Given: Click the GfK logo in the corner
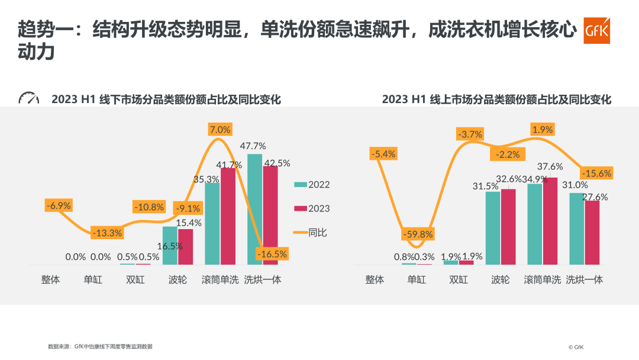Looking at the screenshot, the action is [x=596, y=31].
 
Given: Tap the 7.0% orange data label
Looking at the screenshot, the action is [x=220, y=130].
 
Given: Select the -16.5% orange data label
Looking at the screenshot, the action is [x=272, y=254].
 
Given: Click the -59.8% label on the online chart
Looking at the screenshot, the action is [x=418, y=234].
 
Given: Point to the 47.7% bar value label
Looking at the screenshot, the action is [x=253, y=146].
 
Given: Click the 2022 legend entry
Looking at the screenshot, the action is [x=312, y=185].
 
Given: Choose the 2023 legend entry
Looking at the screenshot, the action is [x=312, y=208].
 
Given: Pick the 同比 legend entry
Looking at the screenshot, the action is [x=310, y=232].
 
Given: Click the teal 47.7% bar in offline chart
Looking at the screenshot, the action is [x=254, y=209].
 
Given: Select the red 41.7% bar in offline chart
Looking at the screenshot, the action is [x=228, y=216].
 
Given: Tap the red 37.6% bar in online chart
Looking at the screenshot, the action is [x=550, y=221].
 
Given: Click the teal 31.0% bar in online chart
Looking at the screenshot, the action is [x=577, y=229].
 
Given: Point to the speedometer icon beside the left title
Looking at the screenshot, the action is [x=28, y=98].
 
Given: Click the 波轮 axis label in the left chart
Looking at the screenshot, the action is [x=177, y=279].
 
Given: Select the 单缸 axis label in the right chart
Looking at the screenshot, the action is [x=417, y=279].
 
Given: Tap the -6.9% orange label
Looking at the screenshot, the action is [x=59, y=205].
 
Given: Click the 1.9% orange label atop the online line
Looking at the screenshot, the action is [x=543, y=130].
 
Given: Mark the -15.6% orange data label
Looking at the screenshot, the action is [x=596, y=173].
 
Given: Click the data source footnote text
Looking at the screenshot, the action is [x=100, y=346].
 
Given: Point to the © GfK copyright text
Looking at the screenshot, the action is [x=576, y=348].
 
